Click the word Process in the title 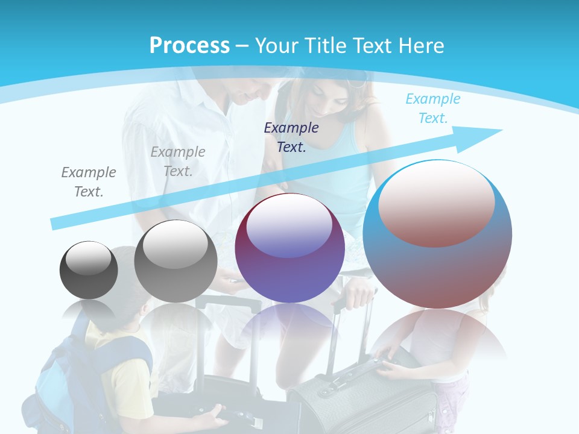189,45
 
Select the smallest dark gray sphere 89,270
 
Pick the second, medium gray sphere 176,261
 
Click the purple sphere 289,248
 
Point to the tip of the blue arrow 501,130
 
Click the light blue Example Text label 432,108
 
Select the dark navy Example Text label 291,137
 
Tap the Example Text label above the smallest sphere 89,182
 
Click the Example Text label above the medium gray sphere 178,162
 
